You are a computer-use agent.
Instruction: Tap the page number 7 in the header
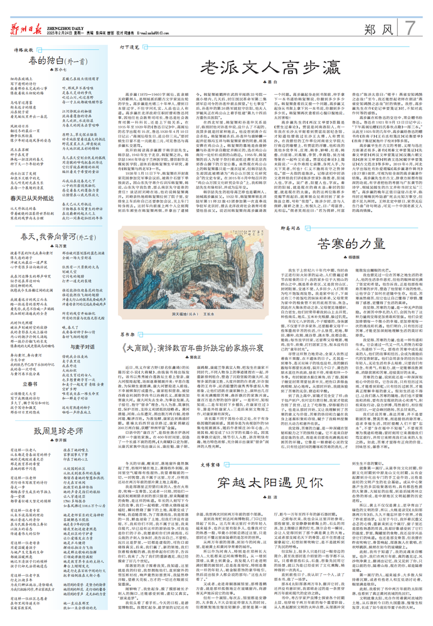[410, 27]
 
